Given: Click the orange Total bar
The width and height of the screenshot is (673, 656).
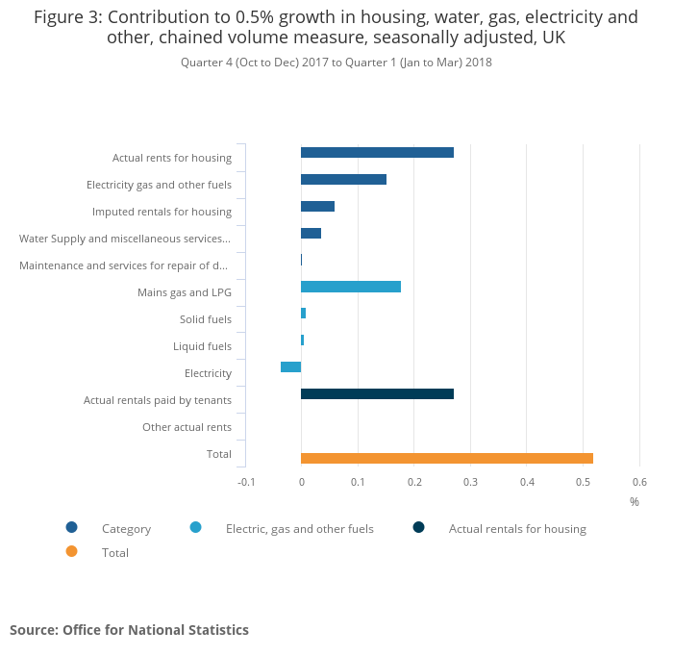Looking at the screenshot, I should pos(447,458).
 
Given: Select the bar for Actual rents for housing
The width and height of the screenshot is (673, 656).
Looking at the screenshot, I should pos(377,152).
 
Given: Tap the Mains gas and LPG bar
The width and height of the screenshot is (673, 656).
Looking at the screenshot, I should pos(351,287).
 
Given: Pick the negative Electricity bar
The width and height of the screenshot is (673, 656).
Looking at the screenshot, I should pos(290,366).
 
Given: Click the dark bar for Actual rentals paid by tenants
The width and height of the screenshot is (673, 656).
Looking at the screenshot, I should pos(377,393).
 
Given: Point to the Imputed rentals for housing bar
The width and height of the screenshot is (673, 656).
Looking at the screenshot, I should pos(317,206).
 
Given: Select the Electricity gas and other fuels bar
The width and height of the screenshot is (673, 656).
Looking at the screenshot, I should pos(343,179).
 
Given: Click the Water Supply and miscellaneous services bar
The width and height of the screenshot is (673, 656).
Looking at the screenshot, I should pos(311,233).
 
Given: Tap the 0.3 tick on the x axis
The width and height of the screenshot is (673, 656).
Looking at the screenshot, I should pos(470,482).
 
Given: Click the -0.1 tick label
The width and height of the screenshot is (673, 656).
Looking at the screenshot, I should pos(245,482).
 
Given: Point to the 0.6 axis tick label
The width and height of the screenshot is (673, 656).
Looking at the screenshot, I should pos(639,482).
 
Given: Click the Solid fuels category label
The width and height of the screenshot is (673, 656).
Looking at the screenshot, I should pos(205,319).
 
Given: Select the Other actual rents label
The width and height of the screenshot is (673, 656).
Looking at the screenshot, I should pos(187,427).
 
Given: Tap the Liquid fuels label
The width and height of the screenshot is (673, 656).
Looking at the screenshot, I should pos(202,346).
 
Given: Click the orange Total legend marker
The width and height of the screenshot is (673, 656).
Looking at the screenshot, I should pos(71,552).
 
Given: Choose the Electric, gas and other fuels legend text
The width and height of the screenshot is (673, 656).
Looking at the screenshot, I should pos(299,528).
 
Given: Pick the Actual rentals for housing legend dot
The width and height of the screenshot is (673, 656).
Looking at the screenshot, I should pos(419,527).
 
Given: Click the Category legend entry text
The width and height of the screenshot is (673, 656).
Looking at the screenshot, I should pos(126,528).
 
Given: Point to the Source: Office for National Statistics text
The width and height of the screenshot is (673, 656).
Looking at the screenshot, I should pos(129,630).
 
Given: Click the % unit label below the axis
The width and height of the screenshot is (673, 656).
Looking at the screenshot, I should pos(634,501).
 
